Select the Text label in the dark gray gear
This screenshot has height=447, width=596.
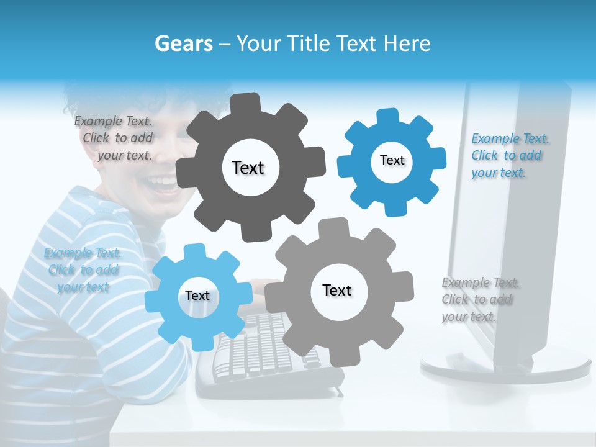point(248,168)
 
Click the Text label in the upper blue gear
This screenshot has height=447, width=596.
point(392,160)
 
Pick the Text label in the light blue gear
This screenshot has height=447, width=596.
point(197,296)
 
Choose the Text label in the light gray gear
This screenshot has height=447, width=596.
point(337,291)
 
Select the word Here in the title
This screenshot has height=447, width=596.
point(407,43)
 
